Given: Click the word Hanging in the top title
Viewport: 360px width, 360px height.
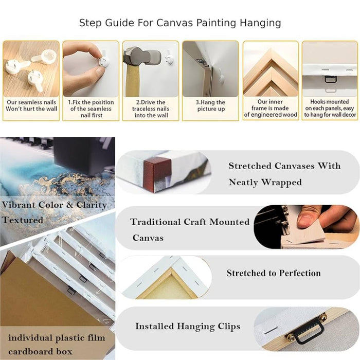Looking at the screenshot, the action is tap(260, 23).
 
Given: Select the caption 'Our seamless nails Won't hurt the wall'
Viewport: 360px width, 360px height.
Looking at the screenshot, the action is tap(31, 105).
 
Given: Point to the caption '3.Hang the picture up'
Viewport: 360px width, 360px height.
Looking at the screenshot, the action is tap(210, 105).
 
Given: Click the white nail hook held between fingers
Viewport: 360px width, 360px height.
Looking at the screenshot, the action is tap(104, 62).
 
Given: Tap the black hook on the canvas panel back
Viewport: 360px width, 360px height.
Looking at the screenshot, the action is tap(331, 79).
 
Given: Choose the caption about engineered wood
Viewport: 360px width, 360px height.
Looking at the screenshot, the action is tap(271, 108).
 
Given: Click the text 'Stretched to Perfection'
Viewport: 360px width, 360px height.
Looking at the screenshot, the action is tap(274, 273).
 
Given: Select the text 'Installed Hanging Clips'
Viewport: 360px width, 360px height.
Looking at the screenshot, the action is tap(188, 326).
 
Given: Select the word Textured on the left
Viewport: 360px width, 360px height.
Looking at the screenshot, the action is tap(23, 220).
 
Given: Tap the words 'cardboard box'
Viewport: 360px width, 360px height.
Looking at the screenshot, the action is tap(40, 351).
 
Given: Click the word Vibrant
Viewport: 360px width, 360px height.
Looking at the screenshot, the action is tap(18, 205).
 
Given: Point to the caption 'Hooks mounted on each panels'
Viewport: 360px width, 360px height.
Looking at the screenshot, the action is tap(330, 108).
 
